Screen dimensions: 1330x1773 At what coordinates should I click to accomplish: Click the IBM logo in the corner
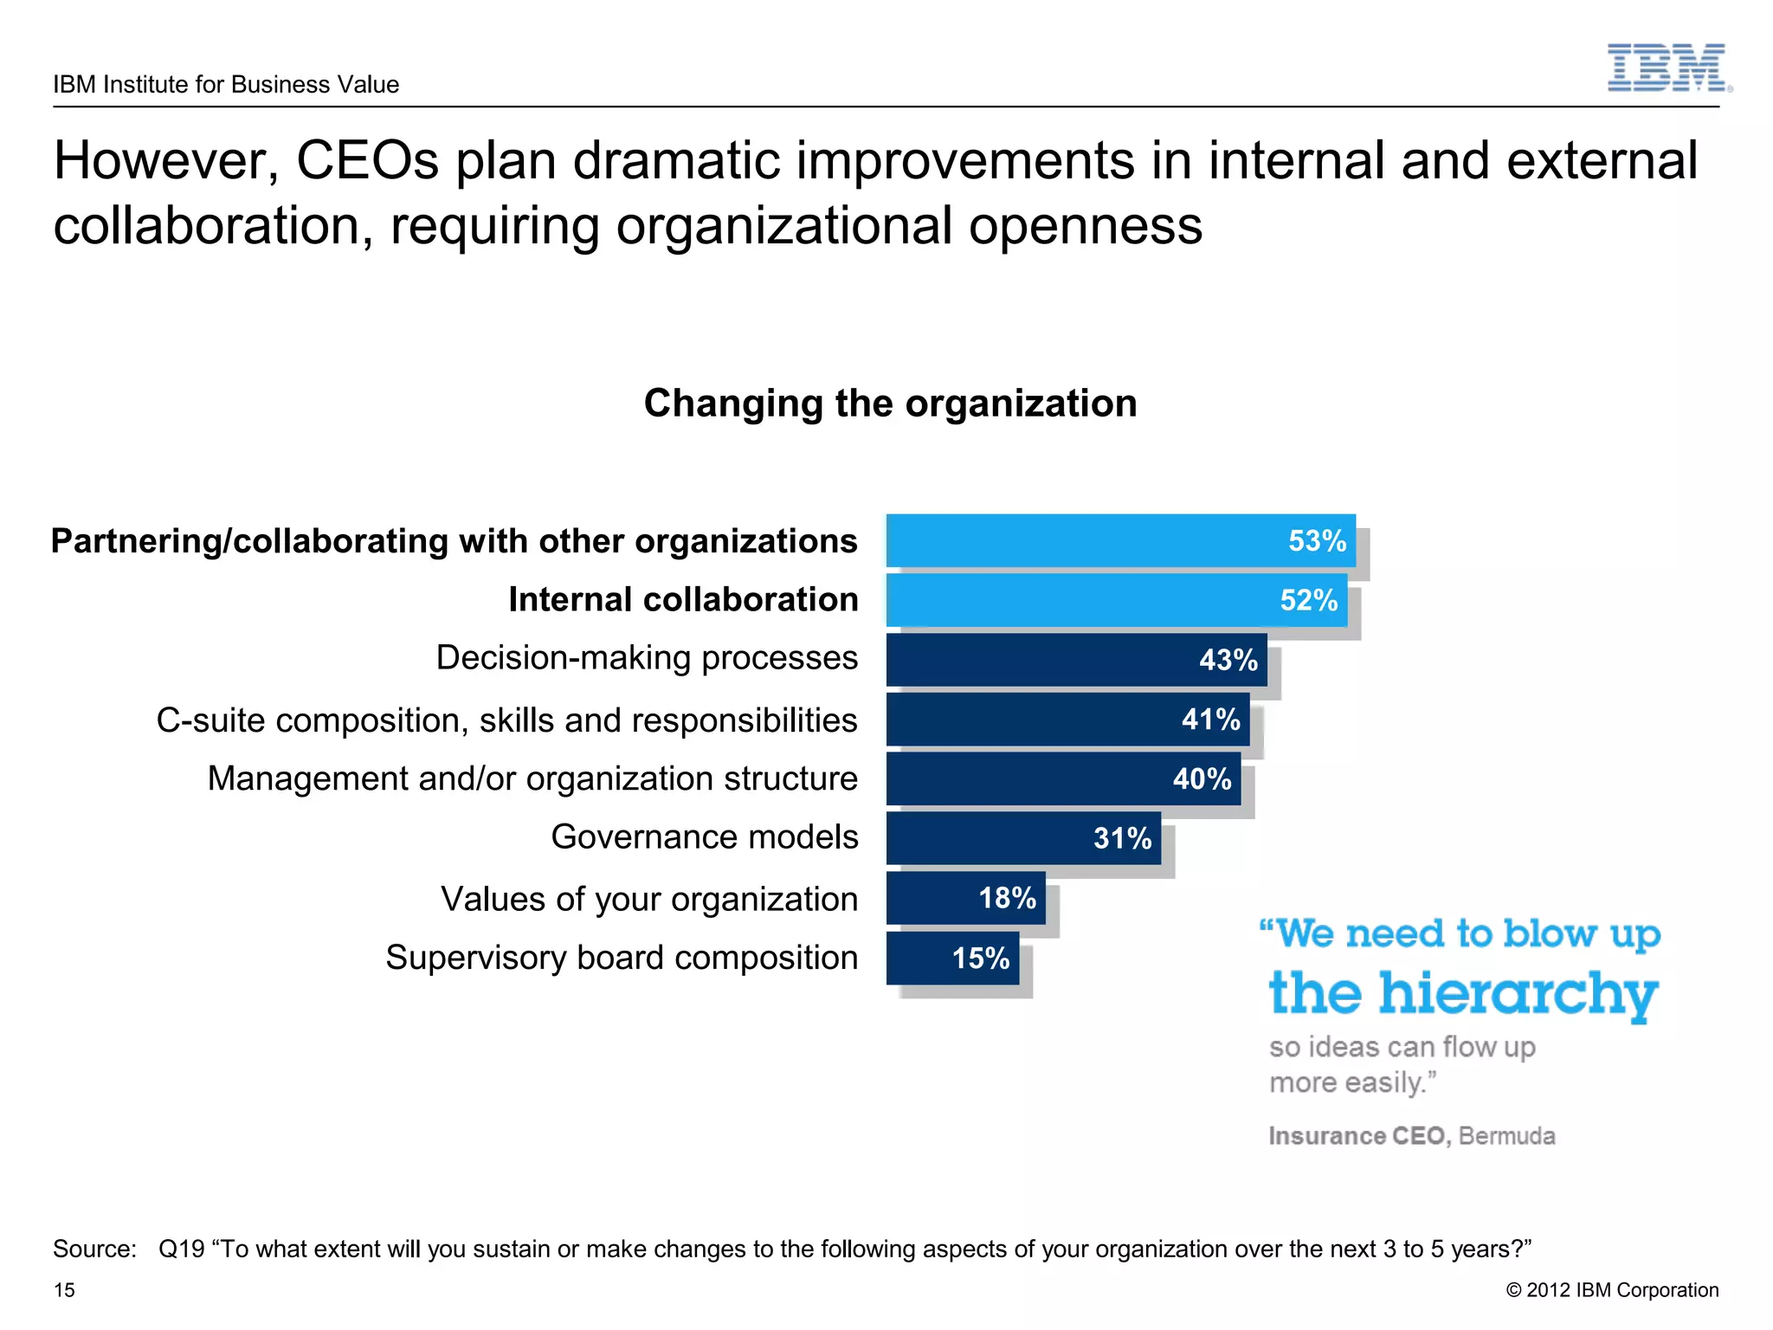[1667, 68]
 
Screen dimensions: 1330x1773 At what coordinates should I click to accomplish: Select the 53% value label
[1317, 541]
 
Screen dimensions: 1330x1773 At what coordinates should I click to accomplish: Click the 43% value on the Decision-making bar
[1228, 660]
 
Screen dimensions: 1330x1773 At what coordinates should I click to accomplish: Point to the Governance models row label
[704, 837]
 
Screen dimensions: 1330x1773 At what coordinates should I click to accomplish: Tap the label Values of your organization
[648, 899]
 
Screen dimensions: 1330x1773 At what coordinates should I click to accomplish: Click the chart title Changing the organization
[890, 404]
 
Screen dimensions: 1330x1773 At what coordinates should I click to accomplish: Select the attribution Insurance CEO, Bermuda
[1411, 1135]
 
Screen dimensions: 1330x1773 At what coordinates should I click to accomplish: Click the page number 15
[64, 1290]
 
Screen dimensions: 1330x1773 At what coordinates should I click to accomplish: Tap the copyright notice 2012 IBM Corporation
[1612, 1290]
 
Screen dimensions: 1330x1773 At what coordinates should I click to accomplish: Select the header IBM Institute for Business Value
[226, 84]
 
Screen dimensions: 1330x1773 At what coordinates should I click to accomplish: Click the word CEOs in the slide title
[367, 161]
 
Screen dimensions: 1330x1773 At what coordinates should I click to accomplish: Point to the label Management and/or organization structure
[532, 778]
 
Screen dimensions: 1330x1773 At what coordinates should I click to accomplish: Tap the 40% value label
[1202, 778]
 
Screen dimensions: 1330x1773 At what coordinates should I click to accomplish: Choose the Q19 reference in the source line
[181, 1249]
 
